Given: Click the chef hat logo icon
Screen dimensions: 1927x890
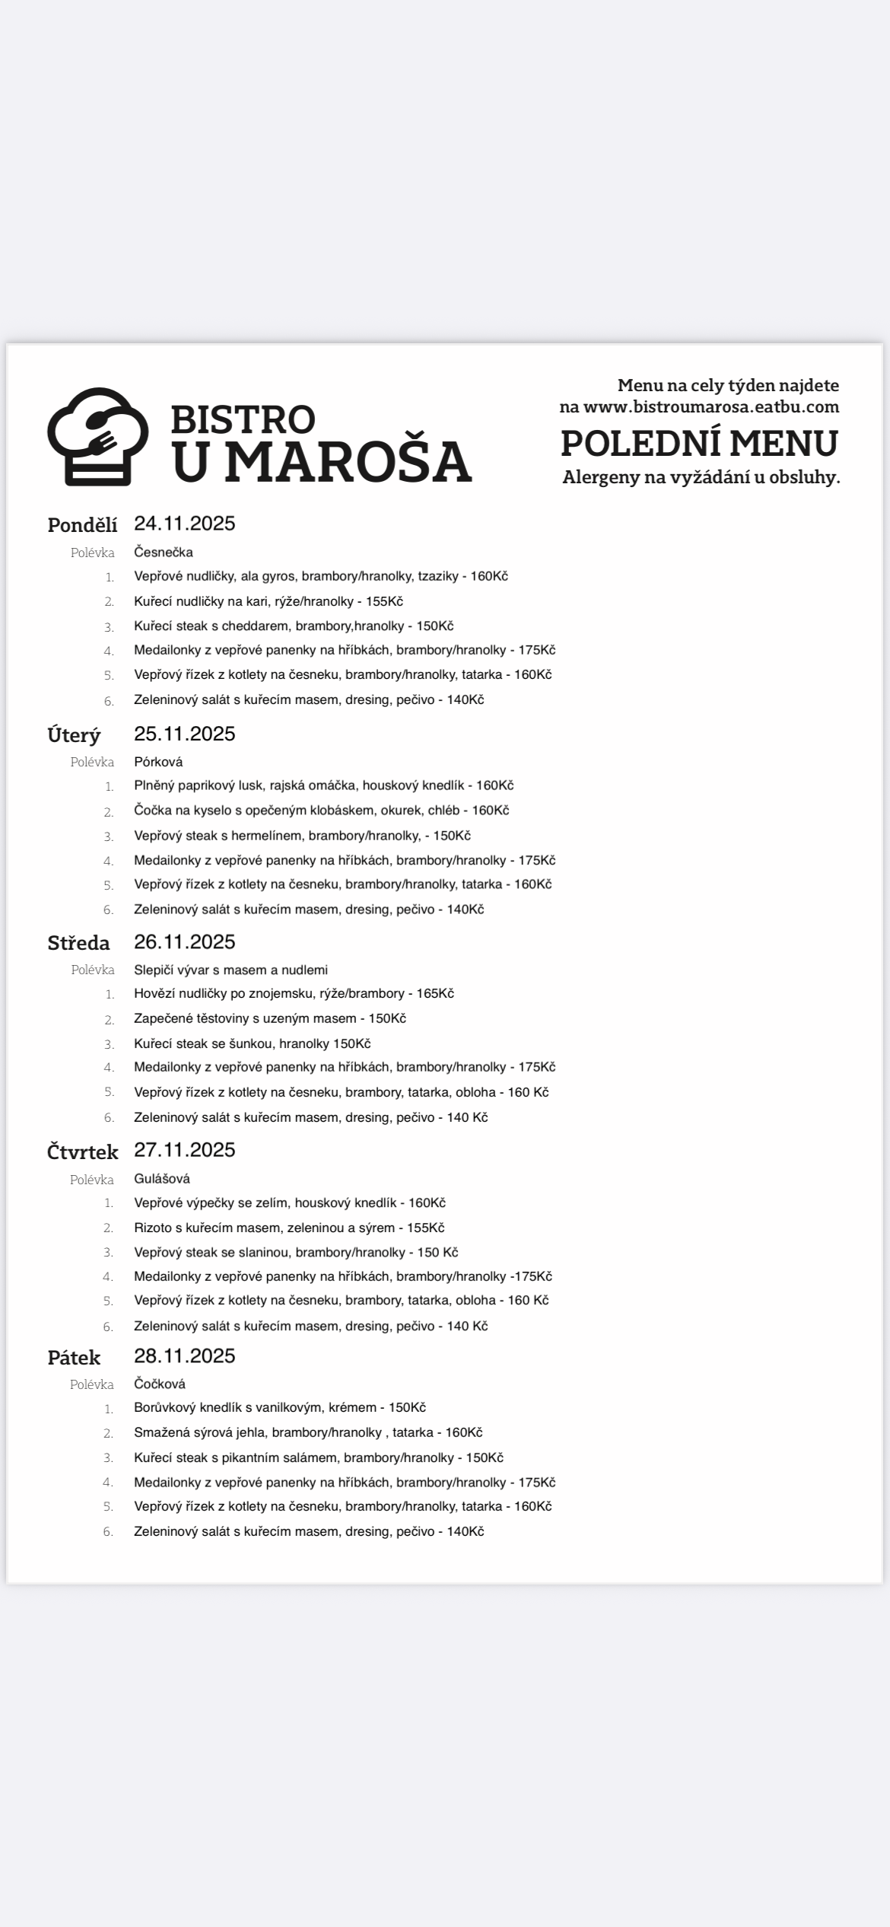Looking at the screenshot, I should (x=97, y=436).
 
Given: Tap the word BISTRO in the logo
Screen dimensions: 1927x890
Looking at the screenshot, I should (x=243, y=419).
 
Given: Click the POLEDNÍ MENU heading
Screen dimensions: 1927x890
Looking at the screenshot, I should (x=699, y=443).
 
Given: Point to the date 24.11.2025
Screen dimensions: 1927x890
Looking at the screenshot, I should (x=185, y=524).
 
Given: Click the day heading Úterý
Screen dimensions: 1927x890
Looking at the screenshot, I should (x=74, y=735).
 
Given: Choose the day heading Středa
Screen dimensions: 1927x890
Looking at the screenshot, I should (x=78, y=943).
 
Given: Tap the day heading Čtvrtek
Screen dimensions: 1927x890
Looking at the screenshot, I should (x=82, y=1151).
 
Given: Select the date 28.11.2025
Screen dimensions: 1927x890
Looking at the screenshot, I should (x=185, y=1355).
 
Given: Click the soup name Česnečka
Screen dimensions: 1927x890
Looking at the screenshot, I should (x=164, y=552).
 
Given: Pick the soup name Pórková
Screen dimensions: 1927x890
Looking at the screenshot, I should (x=158, y=761).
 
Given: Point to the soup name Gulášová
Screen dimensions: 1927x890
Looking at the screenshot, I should (x=162, y=1178).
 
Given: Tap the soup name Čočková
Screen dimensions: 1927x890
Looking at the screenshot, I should (x=160, y=1384).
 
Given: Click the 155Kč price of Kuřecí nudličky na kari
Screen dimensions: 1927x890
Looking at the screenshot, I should (x=384, y=601).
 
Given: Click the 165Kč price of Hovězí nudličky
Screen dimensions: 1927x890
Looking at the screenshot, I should (x=435, y=993).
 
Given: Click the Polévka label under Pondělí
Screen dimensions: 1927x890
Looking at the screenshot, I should (x=93, y=553).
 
